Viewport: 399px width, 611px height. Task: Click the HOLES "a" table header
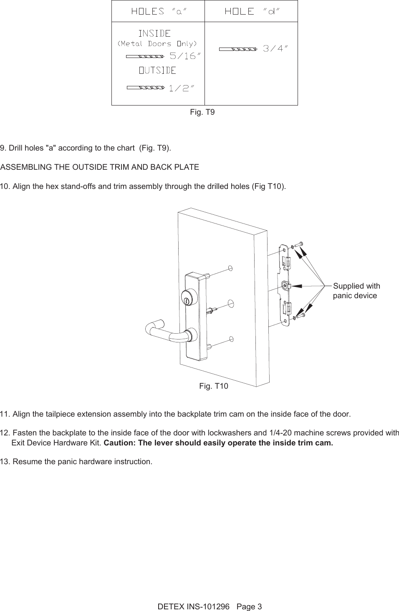click(x=158, y=12)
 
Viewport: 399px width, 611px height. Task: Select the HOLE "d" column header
click(x=252, y=12)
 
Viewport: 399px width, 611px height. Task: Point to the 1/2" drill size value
click(x=181, y=88)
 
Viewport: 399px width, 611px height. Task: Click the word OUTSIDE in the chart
click(x=157, y=70)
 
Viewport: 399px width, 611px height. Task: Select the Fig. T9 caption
click(x=202, y=112)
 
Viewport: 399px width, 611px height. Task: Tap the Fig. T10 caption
click(x=214, y=386)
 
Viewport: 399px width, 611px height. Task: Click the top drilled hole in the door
click(x=230, y=268)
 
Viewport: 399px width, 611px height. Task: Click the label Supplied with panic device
click(x=356, y=291)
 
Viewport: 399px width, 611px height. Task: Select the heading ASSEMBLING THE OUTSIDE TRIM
click(x=100, y=167)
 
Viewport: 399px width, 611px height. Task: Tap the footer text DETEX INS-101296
click(x=194, y=606)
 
